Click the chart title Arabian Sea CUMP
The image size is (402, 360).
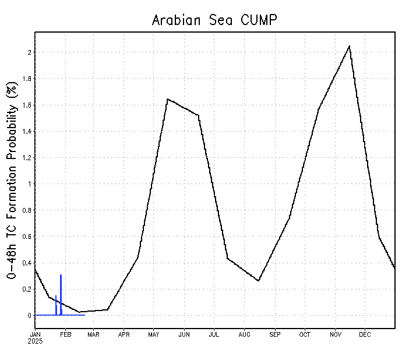click(214, 20)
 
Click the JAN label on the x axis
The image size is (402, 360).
click(36, 334)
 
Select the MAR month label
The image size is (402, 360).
click(94, 334)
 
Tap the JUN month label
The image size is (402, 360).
click(184, 334)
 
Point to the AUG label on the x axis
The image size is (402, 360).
click(245, 334)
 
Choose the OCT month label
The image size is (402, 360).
click(305, 334)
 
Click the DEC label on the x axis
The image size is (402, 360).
click(365, 334)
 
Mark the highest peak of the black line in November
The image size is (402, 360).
click(349, 46)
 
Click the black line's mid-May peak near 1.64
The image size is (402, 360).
click(168, 99)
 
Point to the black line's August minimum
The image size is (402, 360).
click(259, 281)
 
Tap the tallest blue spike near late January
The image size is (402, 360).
click(61, 275)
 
